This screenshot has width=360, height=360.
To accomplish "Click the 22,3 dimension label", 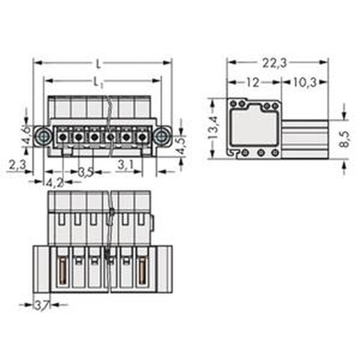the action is [x=275, y=63].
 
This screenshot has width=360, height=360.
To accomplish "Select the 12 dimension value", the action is [x=252, y=82].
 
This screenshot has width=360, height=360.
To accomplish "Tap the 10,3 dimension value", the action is [x=305, y=82].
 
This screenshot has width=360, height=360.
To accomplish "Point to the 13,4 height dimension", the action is [x=213, y=128].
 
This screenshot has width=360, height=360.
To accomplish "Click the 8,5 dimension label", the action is [x=345, y=139].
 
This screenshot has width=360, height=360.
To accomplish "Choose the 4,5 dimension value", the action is [x=181, y=146].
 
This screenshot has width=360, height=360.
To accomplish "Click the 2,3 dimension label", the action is [x=17, y=165].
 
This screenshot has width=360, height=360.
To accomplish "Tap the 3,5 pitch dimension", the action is [x=85, y=173].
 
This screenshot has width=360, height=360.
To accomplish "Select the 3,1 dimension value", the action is [x=125, y=165].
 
